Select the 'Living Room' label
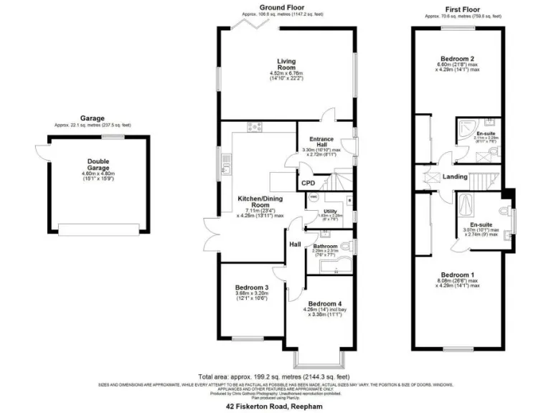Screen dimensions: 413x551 [287, 65]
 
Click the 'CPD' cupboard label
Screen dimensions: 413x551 [307, 183]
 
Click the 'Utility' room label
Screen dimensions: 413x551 [330, 211]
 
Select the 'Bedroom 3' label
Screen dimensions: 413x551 [251, 287]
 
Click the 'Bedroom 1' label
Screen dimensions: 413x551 [457, 275]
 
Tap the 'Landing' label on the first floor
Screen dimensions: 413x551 [455, 176]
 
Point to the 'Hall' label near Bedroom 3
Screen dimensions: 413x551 [295, 245]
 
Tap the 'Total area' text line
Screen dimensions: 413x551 [273, 376]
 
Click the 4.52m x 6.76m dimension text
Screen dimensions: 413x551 [287, 72]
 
